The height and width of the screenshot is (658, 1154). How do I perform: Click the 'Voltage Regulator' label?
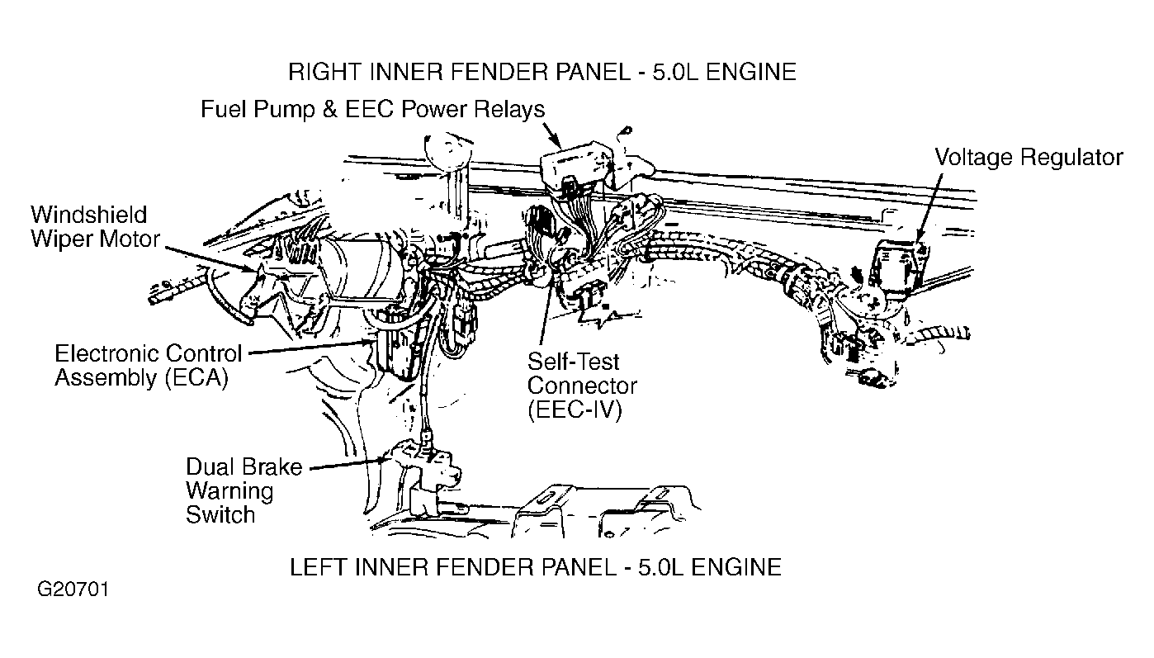(1029, 158)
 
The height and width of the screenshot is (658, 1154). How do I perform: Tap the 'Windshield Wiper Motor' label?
(95, 227)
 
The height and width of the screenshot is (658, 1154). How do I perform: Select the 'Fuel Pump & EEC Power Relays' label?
(372, 110)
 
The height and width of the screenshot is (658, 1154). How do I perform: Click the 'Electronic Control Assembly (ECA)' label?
(148, 366)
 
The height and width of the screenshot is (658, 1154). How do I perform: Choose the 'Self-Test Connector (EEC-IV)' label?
(582, 386)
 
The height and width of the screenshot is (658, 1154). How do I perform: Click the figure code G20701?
(73, 589)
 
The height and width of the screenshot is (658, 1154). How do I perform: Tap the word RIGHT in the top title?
(324, 72)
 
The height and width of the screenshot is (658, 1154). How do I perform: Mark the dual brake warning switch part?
(423, 469)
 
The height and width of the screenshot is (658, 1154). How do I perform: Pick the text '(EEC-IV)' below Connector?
(575, 410)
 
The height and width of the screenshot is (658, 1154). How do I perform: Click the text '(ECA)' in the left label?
(196, 378)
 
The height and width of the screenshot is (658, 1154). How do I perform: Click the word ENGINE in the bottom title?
(735, 567)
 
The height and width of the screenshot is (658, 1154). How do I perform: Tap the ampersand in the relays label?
(329, 110)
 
